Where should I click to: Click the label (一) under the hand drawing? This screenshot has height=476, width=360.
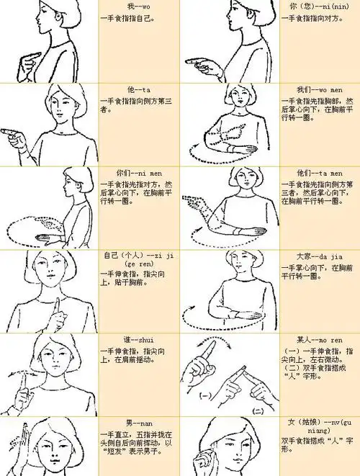click(x=204, y=395)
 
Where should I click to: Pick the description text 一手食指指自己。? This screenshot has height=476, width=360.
click(x=127, y=17)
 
